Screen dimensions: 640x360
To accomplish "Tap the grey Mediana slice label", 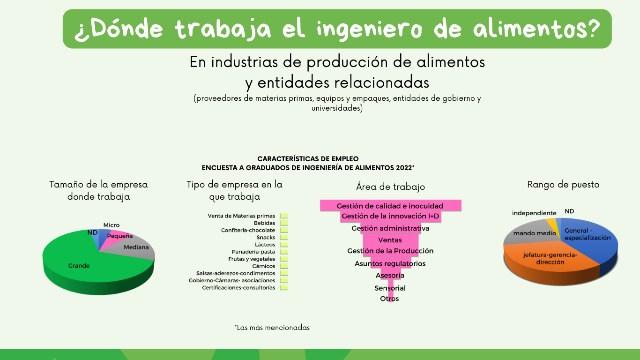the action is tap(136, 247).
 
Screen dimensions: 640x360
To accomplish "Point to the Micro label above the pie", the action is tap(112, 225).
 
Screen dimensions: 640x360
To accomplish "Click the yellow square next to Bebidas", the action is tap(284, 223).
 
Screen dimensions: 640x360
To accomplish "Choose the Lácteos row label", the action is tap(265, 245).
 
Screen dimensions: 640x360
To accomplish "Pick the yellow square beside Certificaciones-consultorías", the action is tap(284, 288).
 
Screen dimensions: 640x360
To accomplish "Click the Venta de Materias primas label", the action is tap(241, 216).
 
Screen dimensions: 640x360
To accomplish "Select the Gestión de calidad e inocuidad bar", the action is tap(391, 205).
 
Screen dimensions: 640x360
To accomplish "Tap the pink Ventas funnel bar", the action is tap(391, 240).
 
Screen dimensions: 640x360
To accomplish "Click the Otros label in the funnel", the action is tap(389, 299).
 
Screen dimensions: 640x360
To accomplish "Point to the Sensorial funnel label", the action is tap(390, 288).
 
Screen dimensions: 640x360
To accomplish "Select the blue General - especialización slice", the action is tap(588, 240).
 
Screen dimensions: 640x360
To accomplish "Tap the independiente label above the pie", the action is tap(534, 213).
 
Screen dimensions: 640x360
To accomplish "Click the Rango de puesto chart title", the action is tap(563, 185).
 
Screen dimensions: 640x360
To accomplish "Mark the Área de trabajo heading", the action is tap(391, 187).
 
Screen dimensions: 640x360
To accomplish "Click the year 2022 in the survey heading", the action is tap(404, 168).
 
